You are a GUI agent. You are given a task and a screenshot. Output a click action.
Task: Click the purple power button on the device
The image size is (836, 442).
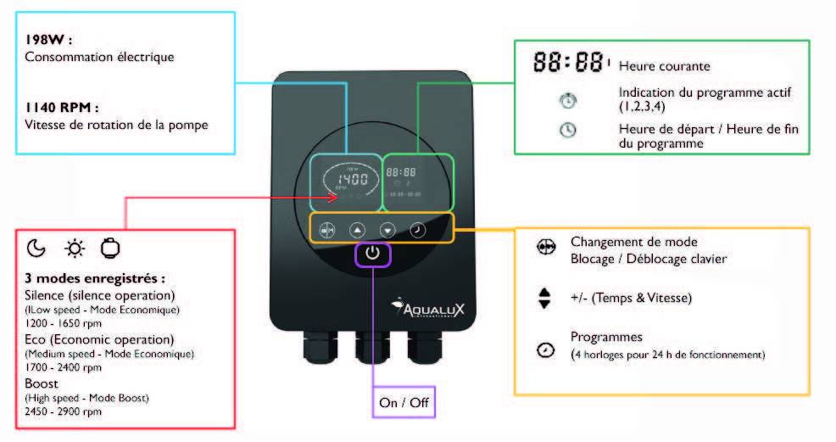click(x=374, y=254)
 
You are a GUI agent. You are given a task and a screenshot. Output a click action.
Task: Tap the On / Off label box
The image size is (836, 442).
click(x=404, y=402)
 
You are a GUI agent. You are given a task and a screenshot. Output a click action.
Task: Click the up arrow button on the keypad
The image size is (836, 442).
click(x=356, y=229)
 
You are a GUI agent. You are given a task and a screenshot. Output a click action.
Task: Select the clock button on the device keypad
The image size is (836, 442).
click(x=418, y=229)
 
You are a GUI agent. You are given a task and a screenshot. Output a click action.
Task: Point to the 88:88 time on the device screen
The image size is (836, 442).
click(x=400, y=171)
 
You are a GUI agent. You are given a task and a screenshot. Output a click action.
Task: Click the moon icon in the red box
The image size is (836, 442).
click(x=36, y=249)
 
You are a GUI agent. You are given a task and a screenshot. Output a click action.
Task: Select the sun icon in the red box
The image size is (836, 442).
click(x=75, y=249)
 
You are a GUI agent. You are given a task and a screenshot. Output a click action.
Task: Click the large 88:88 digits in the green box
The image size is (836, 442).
click(x=570, y=63)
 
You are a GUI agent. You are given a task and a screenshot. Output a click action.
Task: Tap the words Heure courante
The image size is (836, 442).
click(x=664, y=66)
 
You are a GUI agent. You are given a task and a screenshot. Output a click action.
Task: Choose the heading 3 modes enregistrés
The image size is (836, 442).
click(x=94, y=278)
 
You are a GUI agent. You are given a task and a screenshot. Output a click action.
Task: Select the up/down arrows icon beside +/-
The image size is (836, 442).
click(x=545, y=299)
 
